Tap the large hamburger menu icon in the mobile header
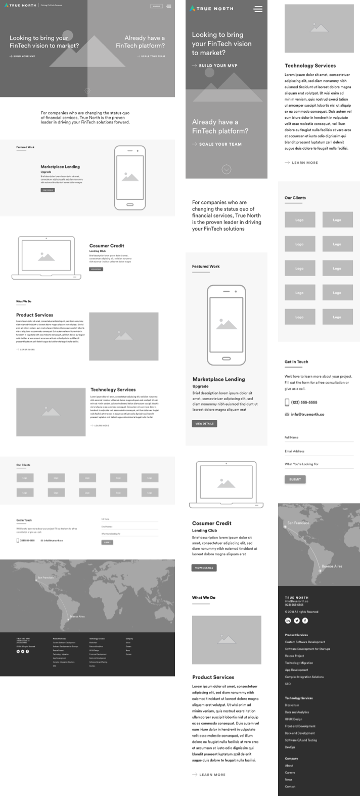(x=258, y=9)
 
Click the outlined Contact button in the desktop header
(x=156, y=6)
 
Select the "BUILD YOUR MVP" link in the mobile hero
(x=215, y=66)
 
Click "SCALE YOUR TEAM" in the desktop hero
(x=151, y=56)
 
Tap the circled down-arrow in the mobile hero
(x=227, y=169)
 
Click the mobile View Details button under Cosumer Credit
(x=204, y=568)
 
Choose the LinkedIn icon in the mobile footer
(x=288, y=621)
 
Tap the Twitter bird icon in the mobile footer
(x=297, y=621)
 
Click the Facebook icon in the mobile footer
(x=305, y=621)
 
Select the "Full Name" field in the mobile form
(x=319, y=438)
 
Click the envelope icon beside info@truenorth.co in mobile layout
(x=287, y=415)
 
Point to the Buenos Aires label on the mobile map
(x=332, y=566)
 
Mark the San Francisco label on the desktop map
(x=45, y=578)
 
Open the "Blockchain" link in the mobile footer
(x=292, y=705)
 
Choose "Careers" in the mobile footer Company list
(x=290, y=773)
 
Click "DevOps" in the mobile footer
(x=290, y=747)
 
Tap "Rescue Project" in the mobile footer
(x=294, y=656)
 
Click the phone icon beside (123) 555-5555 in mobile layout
(x=287, y=403)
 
